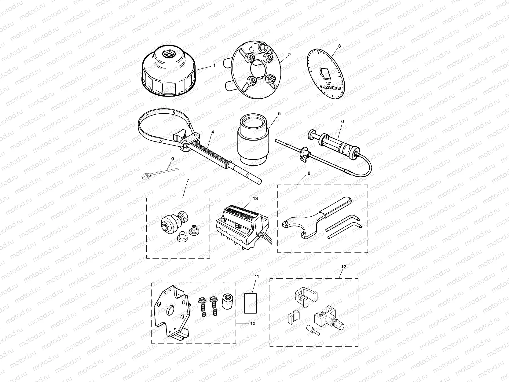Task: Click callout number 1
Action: pyautogui.click(x=214, y=65)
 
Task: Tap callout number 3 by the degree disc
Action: pyautogui.click(x=339, y=46)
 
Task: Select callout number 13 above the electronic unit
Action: pyautogui.click(x=255, y=199)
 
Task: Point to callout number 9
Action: pyautogui.click(x=172, y=159)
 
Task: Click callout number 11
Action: pyautogui.click(x=257, y=277)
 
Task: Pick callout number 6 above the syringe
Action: pyautogui.click(x=342, y=121)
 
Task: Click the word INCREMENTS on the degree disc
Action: pyautogui.click(x=331, y=87)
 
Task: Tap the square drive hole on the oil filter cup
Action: pyautogui.click(x=168, y=54)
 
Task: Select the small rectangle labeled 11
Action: pyautogui.click(x=251, y=303)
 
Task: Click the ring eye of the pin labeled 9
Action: pyautogui.click(x=145, y=176)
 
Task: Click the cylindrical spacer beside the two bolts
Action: pyautogui.click(x=228, y=302)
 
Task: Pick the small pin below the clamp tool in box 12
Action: pyautogui.click(x=313, y=329)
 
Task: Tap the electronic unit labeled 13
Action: pyautogui.click(x=242, y=226)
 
